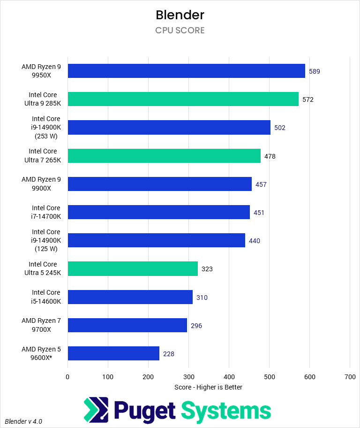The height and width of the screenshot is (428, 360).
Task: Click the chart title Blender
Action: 180,15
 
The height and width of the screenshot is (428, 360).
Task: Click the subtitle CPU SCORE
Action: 180,31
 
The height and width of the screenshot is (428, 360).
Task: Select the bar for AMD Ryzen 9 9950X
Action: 186,71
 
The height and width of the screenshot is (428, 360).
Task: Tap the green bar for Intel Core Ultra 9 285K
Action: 183,99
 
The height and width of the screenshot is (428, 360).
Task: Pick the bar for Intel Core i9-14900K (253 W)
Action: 169,127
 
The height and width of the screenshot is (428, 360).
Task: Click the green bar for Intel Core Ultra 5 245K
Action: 133,269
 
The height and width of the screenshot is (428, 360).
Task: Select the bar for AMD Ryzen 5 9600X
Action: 113,353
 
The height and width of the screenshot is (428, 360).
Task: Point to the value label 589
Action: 315,71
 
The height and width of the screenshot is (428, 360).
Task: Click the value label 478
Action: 270,156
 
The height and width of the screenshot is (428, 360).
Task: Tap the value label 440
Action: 255,241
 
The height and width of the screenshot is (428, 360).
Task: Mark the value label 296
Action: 196,325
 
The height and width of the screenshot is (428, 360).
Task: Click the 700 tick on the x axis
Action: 350,376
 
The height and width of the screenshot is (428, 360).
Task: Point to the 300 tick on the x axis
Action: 188,376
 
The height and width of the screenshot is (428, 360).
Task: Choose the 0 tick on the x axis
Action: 67,376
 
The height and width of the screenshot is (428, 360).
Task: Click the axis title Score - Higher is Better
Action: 208,387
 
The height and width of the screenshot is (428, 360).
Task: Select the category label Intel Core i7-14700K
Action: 46,212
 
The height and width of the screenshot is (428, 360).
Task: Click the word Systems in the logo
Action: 226,411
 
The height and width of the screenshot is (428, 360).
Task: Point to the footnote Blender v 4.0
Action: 23,421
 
